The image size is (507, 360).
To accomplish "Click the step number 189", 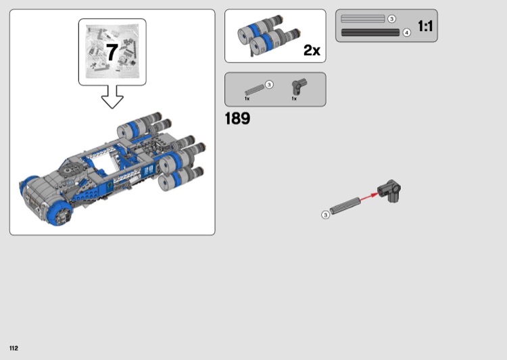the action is click(x=237, y=118).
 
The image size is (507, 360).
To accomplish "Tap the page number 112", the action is click(x=14, y=348).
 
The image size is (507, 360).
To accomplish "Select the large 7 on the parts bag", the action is click(x=112, y=52).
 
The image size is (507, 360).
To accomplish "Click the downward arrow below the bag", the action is click(x=112, y=97).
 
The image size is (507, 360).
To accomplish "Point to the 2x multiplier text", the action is click(x=312, y=50).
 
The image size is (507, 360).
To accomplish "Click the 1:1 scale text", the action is click(x=425, y=26).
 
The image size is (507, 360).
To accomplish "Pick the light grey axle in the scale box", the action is click(x=363, y=19).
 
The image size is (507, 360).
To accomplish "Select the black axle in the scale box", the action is click(x=370, y=32).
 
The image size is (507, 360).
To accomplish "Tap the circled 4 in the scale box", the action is click(x=407, y=32).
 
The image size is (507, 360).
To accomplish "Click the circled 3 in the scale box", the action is click(x=391, y=19).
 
